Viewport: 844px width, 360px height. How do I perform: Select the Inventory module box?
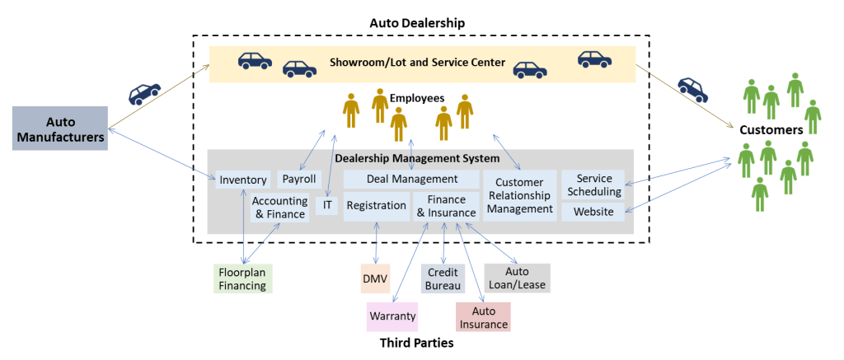click(243, 180)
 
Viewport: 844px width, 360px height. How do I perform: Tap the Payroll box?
click(298, 179)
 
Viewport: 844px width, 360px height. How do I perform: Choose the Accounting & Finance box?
click(279, 208)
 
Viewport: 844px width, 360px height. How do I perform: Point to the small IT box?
click(327, 206)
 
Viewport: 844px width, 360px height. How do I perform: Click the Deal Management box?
click(411, 179)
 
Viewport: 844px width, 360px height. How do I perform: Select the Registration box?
click(376, 206)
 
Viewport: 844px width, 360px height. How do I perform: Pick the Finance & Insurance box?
click(446, 206)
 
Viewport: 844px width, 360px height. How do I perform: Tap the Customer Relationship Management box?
click(518, 196)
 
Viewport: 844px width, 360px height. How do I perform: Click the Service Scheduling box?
click(593, 185)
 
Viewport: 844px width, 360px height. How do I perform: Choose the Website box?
click(593, 212)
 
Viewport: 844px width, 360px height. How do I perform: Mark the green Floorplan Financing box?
click(241, 278)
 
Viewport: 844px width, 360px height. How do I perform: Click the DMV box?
click(376, 278)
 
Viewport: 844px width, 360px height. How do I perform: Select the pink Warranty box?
click(392, 316)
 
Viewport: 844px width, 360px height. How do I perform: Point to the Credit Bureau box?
click(443, 278)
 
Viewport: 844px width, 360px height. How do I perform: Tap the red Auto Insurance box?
click(483, 317)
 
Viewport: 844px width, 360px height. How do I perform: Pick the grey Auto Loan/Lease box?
click(517, 278)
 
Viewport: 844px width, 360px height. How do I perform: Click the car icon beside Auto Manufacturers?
click(145, 93)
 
